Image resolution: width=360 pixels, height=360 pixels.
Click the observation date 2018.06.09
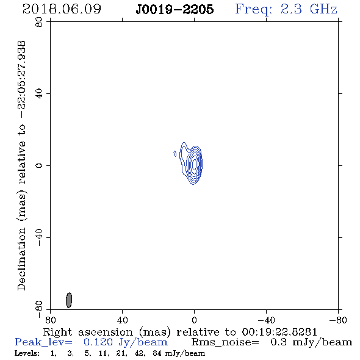pyautogui.click(x=62, y=9)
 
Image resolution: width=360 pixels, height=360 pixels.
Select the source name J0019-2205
pyautogui.click(x=175, y=10)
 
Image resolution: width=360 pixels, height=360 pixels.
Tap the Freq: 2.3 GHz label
pyautogui.click(x=286, y=10)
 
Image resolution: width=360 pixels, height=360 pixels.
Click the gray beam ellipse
pyautogui.click(x=69, y=300)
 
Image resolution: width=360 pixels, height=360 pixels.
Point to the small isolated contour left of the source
pyautogui.click(x=175, y=154)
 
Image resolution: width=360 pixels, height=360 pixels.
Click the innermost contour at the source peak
pyautogui.click(x=195, y=164)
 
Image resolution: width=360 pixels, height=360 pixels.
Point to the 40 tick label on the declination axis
pyautogui.click(x=39, y=94)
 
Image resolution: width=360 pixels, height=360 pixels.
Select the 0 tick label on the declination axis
pyautogui.click(x=39, y=165)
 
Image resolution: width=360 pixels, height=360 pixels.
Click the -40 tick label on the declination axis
pyautogui.click(x=39, y=237)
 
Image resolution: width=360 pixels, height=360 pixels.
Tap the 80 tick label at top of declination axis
pyautogui.click(x=39, y=23)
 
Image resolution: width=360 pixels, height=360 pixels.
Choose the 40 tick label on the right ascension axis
pyautogui.click(x=122, y=320)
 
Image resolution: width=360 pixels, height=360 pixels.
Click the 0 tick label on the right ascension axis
pyautogui.click(x=194, y=320)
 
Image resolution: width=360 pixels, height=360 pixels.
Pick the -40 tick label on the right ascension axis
pyautogui.click(x=266, y=320)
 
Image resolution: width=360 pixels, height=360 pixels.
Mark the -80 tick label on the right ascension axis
pyautogui.click(x=338, y=320)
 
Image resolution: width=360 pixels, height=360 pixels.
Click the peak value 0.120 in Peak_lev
pyautogui.click(x=98, y=342)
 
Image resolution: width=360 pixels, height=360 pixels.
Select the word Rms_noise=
pyautogui.click(x=225, y=342)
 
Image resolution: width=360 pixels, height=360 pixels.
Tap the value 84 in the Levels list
pyautogui.click(x=157, y=353)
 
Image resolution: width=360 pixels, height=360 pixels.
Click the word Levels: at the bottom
pyautogui.click(x=27, y=353)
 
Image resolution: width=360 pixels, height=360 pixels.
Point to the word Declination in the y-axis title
pyautogui.click(x=21, y=259)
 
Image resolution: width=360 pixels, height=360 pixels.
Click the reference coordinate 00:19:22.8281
pyautogui.click(x=279, y=332)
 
